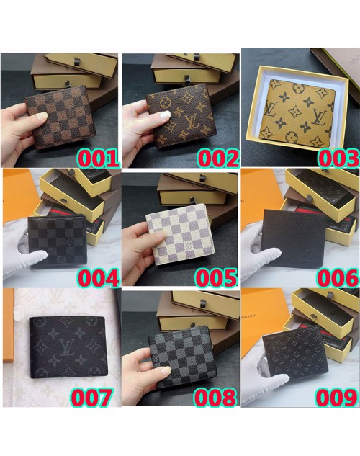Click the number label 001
(98, 158)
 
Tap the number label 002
(218, 158)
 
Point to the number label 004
(98, 278)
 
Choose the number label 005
(216, 278)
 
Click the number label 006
(338, 278)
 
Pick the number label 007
(91, 397)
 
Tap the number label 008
(215, 397)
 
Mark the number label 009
(336, 397)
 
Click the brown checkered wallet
(61, 117)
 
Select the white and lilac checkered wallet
(181, 234)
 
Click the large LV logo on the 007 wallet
(68, 347)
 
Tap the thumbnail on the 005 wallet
(161, 238)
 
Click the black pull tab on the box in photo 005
(192, 200)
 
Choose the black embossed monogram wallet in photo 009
(295, 353)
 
